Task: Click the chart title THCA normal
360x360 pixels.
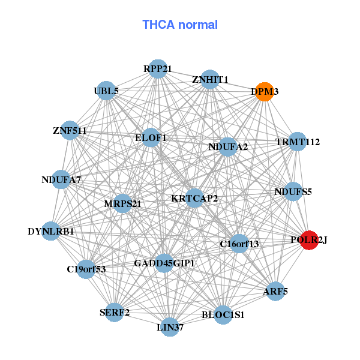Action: (180, 25)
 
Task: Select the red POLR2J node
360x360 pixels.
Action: (309, 240)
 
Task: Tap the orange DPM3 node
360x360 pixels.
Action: (264, 92)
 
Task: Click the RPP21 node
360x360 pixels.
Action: (157, 68)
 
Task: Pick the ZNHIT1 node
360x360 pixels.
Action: (209, 79)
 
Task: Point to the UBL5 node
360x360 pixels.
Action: (106, 91)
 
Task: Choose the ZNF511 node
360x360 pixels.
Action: (70, 130)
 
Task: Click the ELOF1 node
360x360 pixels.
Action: (151, 138)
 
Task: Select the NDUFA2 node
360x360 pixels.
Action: (228, 146)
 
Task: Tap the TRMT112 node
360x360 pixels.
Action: (298, 142)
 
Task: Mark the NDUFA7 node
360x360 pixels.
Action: (61, 179)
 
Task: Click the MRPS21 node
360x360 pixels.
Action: (122, 203)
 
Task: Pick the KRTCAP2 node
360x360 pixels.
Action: (194, 198)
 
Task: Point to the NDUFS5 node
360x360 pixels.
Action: (293, 192)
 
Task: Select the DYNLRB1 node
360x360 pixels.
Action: (51, 231)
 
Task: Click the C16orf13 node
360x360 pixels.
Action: (239, 243)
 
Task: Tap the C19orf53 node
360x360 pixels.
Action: (86, 269)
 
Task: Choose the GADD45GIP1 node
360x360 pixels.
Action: (164, 263)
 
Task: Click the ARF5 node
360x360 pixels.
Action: (275, 292)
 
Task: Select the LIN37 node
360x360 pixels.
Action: (170, 327)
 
